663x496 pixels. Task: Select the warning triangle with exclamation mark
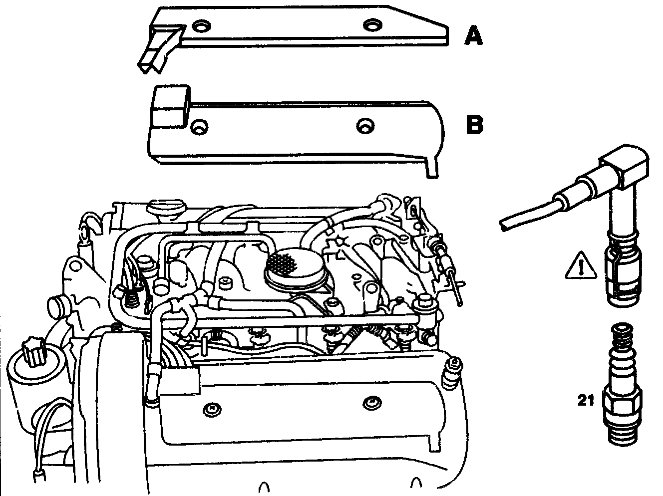click(x=582, y=266)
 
